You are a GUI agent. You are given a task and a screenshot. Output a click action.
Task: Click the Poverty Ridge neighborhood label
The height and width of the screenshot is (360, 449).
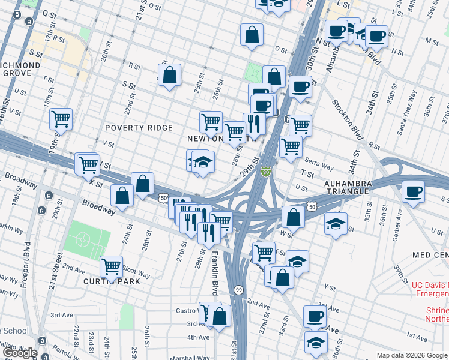pyautogui.click(x=139, y=128)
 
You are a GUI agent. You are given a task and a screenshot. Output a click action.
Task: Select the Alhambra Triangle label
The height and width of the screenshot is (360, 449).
pyautogui.click(x=355, y=187)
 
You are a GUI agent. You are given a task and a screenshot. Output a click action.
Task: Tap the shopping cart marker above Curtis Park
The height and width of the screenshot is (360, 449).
pyautogui.click(x=111, y=266)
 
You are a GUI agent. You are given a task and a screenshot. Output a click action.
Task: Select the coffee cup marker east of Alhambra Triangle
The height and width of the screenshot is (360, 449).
pyautogui.click(x=413, y=192)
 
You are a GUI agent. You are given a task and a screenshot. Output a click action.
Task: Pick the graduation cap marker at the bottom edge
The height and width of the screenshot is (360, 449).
pyautogui.click(x=316, y=342)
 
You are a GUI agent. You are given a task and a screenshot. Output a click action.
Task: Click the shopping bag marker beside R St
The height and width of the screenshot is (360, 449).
pyautogui.click(x=170, y=76)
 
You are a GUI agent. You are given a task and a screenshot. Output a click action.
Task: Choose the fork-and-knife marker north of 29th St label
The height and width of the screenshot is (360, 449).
pyautogui.click(x=254, y=124)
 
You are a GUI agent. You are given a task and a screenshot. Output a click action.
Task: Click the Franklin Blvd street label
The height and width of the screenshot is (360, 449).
pyautogui.click(x=214, y=273)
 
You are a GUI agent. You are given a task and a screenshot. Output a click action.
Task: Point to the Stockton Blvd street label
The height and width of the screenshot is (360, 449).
pyautogui.click(x=346, y=119)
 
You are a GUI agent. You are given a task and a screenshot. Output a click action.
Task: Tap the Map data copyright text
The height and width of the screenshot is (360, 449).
pyautogui.click(x=412, y=355)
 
